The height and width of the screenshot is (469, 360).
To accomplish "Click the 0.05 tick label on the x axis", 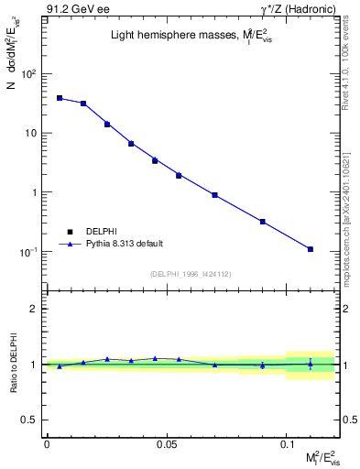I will click(x=166, y=443).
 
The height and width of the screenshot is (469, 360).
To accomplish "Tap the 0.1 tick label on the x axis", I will click(x=286, y=443).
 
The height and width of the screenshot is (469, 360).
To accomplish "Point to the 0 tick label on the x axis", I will click(x=47, y=443).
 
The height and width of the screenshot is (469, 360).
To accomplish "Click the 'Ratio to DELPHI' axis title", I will click(x=12, y=365).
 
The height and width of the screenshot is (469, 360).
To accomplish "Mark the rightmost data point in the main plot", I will click(x=311, y=249).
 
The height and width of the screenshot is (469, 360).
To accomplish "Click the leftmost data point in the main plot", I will click(x=60, y=98).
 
